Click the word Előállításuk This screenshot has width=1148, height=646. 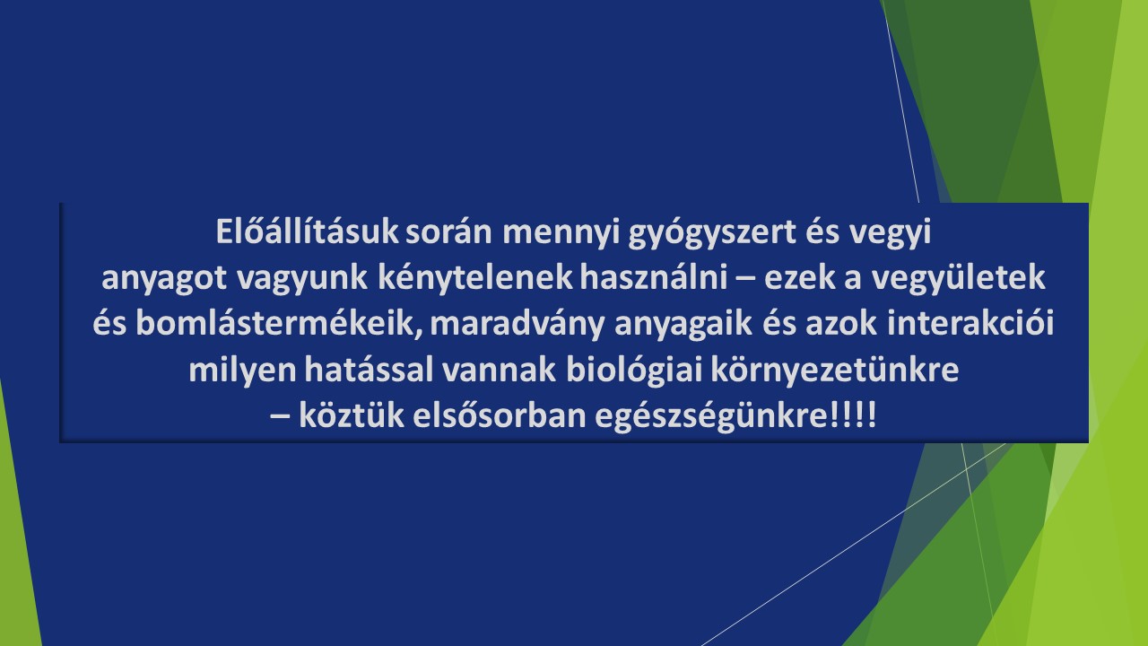(x=307, y=231)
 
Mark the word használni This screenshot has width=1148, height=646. (x=654, y=277)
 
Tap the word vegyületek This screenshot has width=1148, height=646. (x=958, y=279)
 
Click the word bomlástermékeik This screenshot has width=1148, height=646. (x=279, y=324)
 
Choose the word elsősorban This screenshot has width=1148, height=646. (x=500, y=415)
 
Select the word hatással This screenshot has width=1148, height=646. (x=369, y=370)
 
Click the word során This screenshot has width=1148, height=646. (x=448, y=232)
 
